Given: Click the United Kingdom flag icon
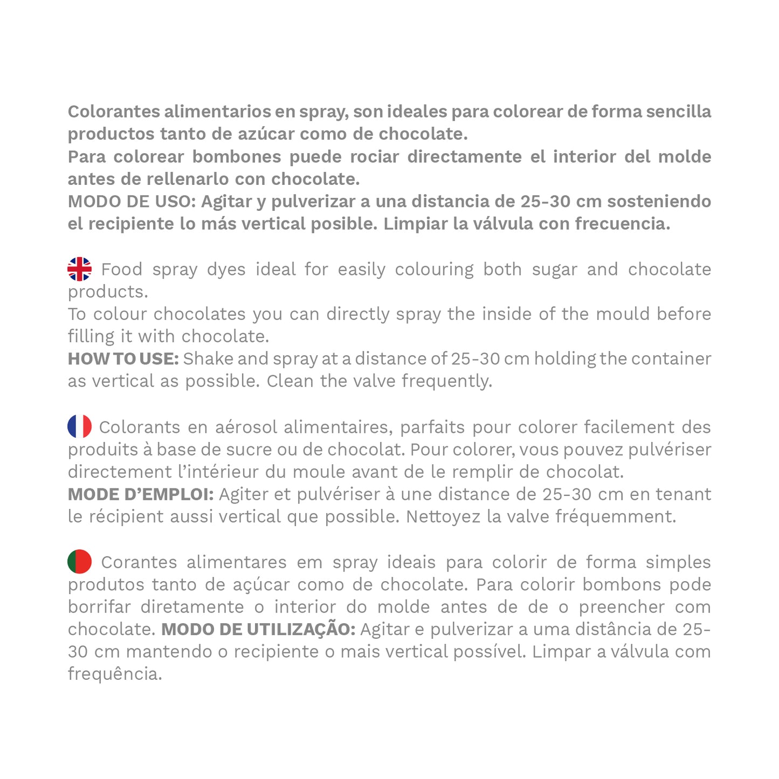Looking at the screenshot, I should (x=79, y=269).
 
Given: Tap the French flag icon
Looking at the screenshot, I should (x=79, y=426).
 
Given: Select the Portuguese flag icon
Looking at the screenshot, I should (x=79, y=562).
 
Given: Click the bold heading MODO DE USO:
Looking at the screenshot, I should (x=132, y=202).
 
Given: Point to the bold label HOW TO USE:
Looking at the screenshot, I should (x=123, y=359).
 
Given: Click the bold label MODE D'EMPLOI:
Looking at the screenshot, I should (x=141, y=494).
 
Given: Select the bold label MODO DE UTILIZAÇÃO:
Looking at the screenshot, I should (x=258, y=629).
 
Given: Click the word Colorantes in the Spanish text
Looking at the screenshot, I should (x=114, y=112).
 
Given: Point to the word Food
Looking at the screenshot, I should (x=122, y=269).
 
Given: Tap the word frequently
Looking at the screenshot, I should (x=447, y=381).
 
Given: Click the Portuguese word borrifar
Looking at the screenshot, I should (x=99, y=607).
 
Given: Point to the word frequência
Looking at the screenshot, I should (x=115, y=674).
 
